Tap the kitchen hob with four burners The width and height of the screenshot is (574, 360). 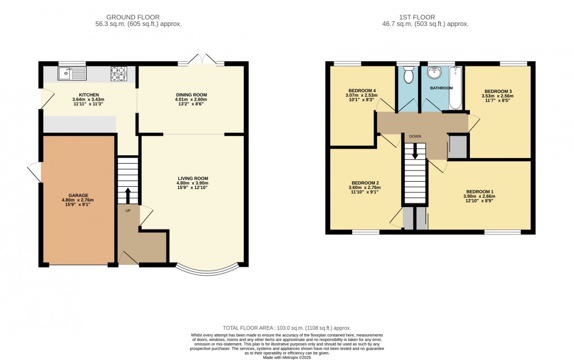[118, 72]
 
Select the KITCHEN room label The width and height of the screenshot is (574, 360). [89, 95]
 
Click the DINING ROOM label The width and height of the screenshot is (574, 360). [192, 94]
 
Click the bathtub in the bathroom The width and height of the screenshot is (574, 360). [455, 87]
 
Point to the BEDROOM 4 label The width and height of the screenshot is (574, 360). [362, 91]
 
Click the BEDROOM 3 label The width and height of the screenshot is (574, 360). [498, 91]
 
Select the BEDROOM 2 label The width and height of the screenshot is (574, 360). [365, 183]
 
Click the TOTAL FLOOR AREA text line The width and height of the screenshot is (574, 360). [287, 327]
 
